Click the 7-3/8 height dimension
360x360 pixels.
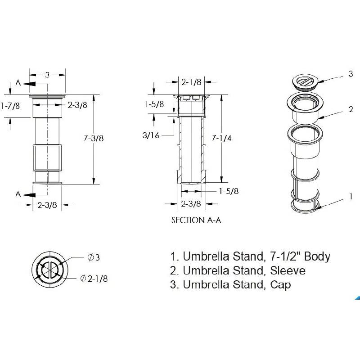pos(94,138)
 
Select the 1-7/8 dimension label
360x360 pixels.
pos(10,106)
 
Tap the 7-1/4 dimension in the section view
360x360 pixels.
pos(221,138)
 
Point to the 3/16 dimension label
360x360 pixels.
pos(151,135)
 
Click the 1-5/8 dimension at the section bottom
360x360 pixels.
pos(229,191)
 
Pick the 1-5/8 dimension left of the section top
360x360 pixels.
pos(154,104)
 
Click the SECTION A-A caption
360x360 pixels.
pos(196,220)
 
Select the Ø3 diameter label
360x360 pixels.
pos(94,257)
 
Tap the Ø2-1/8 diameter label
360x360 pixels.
pos(94,279)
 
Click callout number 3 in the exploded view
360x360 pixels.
pos(351,74)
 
